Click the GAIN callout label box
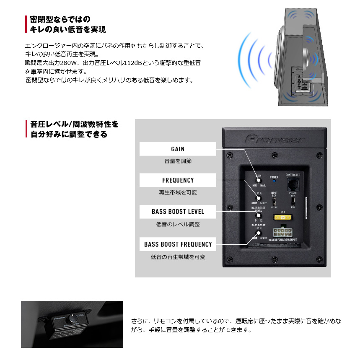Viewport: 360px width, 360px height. coord(178,149)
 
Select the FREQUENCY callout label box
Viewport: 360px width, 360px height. coord(178,180)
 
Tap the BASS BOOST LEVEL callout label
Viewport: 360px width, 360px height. coord(178,212)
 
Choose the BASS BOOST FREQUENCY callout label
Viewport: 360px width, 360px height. coord(178,244)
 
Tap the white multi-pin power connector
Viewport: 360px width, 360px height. coord(282,232)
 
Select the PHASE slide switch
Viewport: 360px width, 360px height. coord(293,200)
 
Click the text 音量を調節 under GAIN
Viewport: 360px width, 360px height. coord(178,161)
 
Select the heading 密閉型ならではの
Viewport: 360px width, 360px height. coord(60,19)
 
